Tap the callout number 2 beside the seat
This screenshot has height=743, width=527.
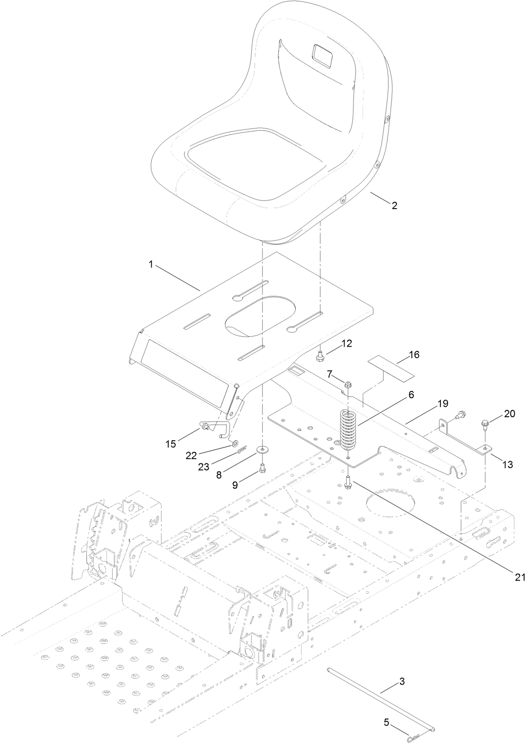[394, 205]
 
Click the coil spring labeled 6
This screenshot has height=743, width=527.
[348, 429]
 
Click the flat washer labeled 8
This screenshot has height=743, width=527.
[262, 450]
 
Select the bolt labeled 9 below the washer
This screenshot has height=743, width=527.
[262, 469]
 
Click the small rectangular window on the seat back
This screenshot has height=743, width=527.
[322, 54]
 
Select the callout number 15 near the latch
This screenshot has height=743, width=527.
[170, 444]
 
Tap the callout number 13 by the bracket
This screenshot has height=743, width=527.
[507, 464]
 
